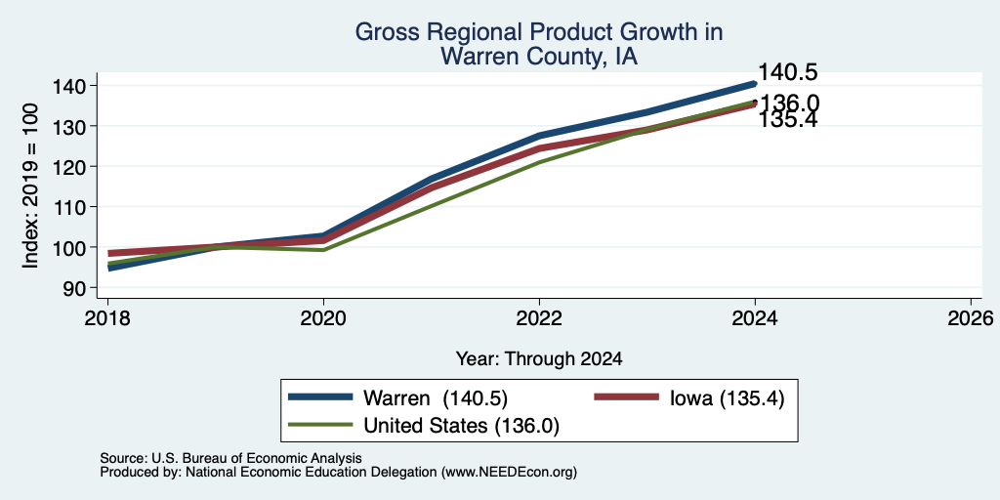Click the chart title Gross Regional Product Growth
(539, 32)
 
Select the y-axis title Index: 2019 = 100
(30, 187)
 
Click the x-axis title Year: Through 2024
(539, 359)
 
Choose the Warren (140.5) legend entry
(398, 398)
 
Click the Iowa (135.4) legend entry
(688, 398)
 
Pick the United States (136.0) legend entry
(424, 425)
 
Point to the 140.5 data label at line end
(788, 72)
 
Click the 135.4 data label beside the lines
(788, 119)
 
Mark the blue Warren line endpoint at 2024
(755, 84)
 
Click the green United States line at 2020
(323, 250)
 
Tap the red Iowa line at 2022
(539, 148)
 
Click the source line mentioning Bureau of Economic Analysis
(230, 458)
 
